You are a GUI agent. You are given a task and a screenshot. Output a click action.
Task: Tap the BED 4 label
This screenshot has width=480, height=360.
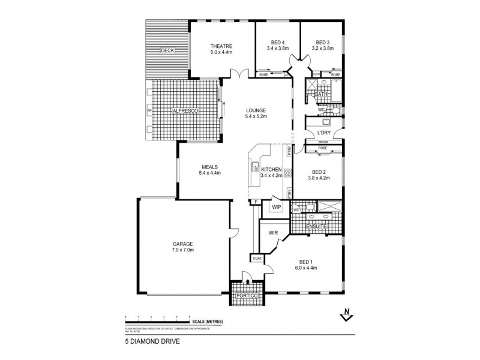(x=277, y=42)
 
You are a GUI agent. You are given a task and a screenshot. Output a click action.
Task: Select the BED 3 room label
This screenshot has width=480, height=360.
(x=323, y=42)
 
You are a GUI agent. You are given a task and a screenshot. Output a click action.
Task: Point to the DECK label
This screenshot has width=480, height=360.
(x=167, y=51)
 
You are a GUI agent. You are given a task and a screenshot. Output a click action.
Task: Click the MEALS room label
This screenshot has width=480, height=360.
(x=209, y=167)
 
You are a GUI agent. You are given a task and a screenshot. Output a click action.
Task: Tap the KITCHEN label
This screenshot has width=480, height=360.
(x=271, y=170)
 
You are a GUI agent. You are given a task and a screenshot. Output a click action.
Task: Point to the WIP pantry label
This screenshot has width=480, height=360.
(x=277, y=207)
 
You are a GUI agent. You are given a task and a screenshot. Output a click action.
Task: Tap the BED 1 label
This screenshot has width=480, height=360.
(x=306, y=262)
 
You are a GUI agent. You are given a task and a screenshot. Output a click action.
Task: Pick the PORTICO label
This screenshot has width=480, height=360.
(x=247, y=297)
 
